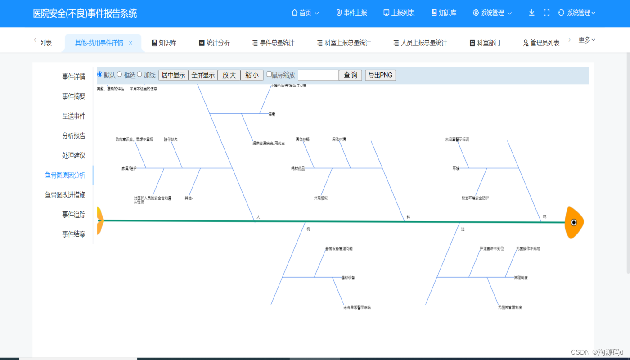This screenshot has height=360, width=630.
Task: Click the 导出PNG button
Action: point(380,75)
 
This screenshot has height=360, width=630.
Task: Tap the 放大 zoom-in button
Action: point(229,75)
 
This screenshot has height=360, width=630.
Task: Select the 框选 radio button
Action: point(120,74)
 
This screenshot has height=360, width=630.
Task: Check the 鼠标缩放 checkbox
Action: point(269,75)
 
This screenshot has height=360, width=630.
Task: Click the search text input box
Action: point(318,75)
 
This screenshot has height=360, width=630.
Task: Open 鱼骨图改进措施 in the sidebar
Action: point(65,195)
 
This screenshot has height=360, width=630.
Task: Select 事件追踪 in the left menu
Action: point(73,215)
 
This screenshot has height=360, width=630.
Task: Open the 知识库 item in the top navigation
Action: point(444,13)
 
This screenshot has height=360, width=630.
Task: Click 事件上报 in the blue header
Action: point(351,13)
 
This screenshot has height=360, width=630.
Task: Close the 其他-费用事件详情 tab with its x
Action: point(130,43)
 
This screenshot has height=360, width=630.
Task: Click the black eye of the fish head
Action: point(574,222)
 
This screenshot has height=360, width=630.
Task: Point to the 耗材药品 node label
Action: point(298,168)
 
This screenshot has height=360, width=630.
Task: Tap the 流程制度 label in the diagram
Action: point(521,278)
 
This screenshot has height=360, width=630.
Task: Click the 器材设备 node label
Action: point(348,278)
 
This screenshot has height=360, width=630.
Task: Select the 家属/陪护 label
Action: point(129,168)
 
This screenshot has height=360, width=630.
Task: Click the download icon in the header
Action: point(531,13)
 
